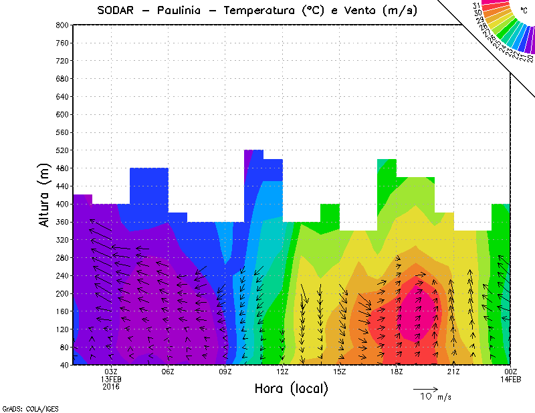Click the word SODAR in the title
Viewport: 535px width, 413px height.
118,11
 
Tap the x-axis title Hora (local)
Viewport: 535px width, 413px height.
292,389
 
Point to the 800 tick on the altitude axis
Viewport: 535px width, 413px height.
61,25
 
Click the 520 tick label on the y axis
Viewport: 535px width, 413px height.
61,150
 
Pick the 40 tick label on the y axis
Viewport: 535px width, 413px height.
63,365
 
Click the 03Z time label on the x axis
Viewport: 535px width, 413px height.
111,372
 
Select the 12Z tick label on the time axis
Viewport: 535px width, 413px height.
282,372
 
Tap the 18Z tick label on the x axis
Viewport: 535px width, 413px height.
397,372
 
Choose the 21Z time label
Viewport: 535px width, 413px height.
453,372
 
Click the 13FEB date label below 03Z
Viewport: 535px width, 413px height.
111,379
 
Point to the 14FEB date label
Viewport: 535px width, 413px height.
511,379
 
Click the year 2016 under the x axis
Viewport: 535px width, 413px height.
111,386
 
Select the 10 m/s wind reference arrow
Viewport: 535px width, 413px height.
425,388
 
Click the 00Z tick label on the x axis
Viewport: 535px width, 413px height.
511,372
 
